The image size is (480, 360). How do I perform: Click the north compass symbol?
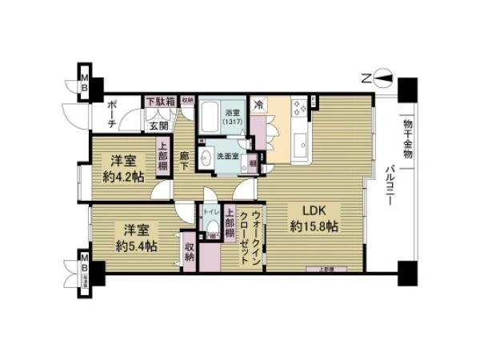(x=380, y=78)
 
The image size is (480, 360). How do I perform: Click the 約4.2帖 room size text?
(x=123, y=177)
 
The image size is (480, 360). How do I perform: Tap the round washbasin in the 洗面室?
(x=206, y=157)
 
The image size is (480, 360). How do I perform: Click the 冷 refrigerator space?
(x=259, y=105)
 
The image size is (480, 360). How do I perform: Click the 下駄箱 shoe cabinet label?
(x=160, y=102)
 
